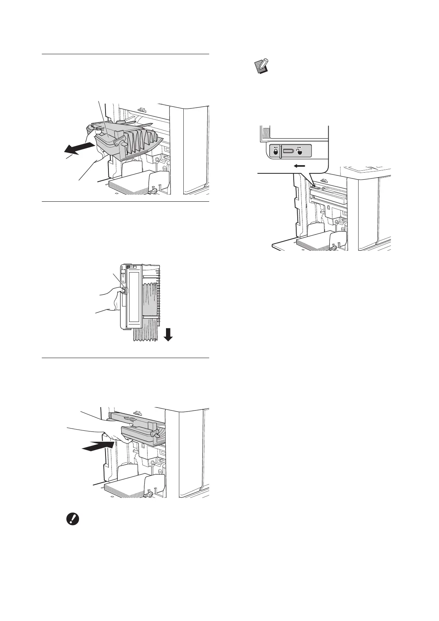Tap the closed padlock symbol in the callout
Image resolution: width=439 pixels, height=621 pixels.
(x=275, y=152)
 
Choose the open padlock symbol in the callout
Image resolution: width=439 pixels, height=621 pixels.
(x=299, y=152)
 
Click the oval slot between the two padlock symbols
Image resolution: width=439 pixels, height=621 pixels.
(x=288, y=151)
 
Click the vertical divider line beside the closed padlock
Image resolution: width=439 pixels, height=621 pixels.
(x=281, y=151)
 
